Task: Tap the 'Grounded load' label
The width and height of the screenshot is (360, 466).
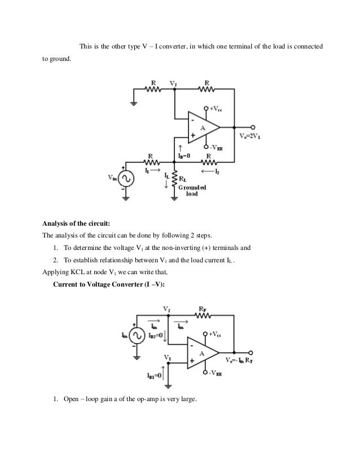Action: click(195, 190)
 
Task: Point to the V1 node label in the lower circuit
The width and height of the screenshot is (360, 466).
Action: click(166, 358)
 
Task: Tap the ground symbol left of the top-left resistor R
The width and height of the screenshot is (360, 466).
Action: click(133, 103)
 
